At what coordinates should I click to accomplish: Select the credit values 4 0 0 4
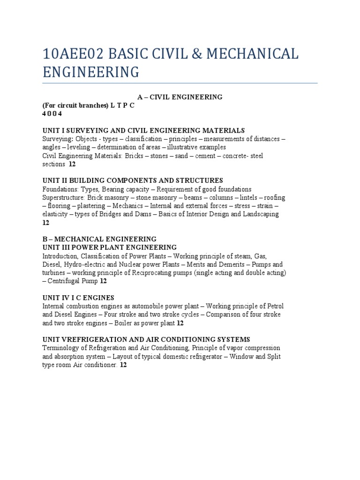coord(52,113)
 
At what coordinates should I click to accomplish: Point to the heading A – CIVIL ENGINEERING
coord(180,97)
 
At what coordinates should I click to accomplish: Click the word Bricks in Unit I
coord(135,156)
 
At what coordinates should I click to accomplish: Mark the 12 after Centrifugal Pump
coord(103,281)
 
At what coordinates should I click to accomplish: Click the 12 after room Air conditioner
coord(123,365)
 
